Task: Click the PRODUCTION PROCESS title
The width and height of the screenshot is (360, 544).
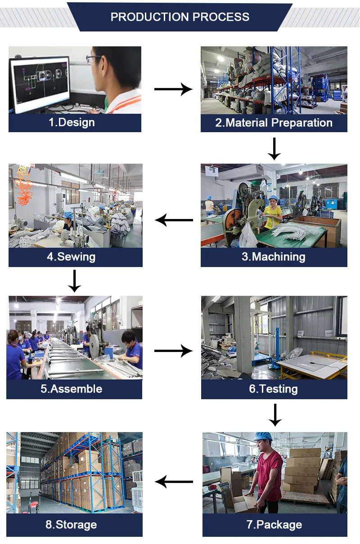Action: (180, 17)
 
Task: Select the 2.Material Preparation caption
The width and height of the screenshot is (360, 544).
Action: (274, 123)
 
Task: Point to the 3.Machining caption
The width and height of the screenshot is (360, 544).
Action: (274, 257)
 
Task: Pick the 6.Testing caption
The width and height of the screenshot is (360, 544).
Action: (274, 389)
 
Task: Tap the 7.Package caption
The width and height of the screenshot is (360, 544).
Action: (274, 525)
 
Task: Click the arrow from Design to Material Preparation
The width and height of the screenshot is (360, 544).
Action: (173, 89)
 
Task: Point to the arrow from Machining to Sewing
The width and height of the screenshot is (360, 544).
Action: (174, 220)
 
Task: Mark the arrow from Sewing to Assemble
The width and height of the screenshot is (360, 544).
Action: (74, 281)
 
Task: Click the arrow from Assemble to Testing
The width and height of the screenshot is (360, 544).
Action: (173, 351)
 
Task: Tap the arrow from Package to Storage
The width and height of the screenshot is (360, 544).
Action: (174, 482)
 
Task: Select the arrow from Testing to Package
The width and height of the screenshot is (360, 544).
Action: (274, 415)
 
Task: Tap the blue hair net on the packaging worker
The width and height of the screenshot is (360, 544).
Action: (263, 437)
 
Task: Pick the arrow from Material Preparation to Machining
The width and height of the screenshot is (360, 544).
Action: (274, 149)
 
